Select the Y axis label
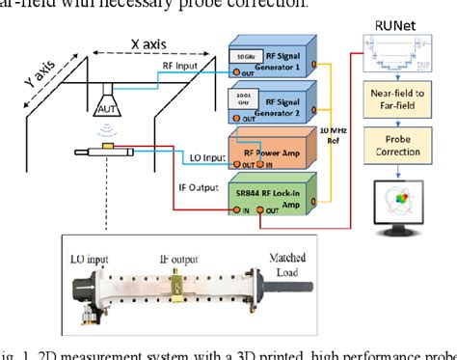tap(40, 75)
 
